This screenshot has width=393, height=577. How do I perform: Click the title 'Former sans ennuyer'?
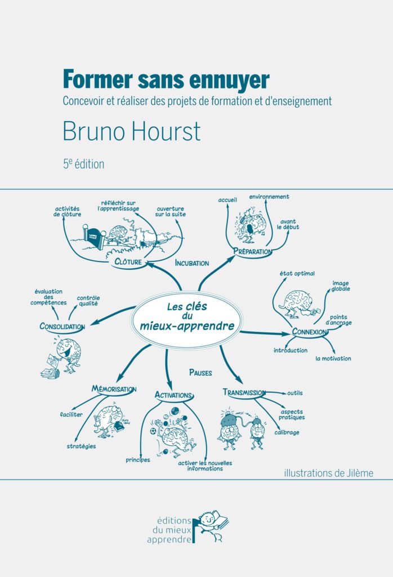[x=166, y=79]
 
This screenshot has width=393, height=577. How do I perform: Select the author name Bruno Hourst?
[x=132, y=131]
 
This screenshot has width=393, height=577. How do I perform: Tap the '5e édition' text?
[x=83, y=164]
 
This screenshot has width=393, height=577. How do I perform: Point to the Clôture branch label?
[x=128, y=261]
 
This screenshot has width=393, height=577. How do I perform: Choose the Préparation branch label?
[x=253, y=251]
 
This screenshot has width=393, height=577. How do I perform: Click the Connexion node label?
[x=309, y=331]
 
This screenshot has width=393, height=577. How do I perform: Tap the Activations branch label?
[x=173, y=395]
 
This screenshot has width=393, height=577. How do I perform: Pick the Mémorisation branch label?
[x=114, y=389]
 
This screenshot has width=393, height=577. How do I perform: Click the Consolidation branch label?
[x=62, y=326]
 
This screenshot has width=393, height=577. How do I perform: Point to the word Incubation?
[x=192, y=263]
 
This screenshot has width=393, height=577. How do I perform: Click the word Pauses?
[x=200, y=372]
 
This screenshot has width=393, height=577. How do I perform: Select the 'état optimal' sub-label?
[x=297, y=273]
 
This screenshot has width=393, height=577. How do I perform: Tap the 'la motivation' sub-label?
[x=333, y=358]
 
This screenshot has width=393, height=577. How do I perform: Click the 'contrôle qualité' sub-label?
[x=88, y=301]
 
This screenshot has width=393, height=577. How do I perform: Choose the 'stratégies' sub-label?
[x=81, y=446]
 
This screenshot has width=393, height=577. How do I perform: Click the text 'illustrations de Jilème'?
[x=329, y=473]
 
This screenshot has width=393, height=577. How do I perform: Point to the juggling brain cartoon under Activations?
[x=173, y=431]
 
